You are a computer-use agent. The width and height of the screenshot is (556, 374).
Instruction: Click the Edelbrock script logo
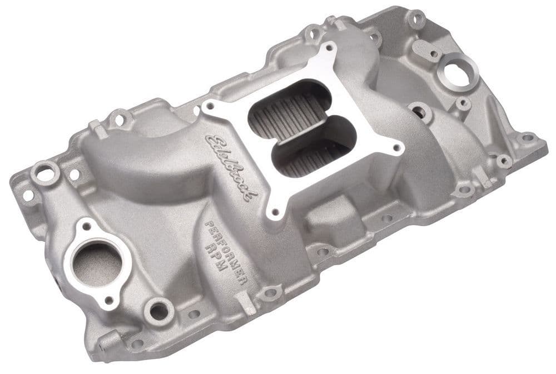click(231, 164)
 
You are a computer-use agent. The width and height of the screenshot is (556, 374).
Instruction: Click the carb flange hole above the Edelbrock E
click(210, 104)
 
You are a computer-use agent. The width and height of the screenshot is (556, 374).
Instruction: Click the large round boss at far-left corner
click(44, 172)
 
